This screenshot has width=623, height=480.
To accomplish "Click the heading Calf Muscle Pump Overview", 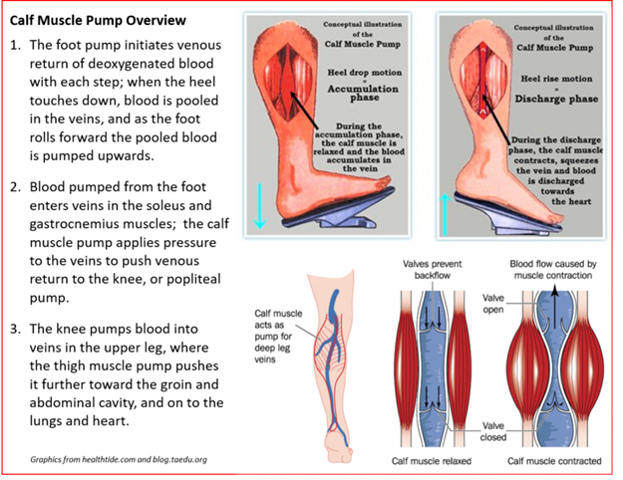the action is point(98,20).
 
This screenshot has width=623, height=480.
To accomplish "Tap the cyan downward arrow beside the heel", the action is point(259,206).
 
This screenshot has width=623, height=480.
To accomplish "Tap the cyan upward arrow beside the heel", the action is point(445,214).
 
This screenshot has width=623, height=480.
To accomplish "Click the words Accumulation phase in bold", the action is point(363,93).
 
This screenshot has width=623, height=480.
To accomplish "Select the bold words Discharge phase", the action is point(556,99).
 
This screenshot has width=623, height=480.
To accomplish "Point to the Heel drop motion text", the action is point(365,73).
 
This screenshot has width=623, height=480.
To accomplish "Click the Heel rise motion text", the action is point(556,79).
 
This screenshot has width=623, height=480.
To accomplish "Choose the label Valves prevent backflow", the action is point(433,270).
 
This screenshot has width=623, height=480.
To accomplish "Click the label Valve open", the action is point(493,304).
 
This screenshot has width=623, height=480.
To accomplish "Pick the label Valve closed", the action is point(493,431).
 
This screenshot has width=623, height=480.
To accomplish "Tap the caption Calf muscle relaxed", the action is point(432,461).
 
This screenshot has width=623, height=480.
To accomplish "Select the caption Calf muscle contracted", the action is point(554,461).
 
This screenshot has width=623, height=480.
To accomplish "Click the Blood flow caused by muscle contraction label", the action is point(553,270).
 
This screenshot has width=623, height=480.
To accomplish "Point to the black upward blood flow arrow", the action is point(554,304).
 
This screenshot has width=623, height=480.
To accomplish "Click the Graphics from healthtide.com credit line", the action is point(119,459).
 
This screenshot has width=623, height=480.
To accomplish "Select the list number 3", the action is point(15,329).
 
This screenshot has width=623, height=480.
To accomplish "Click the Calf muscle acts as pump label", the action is point(278,337).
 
